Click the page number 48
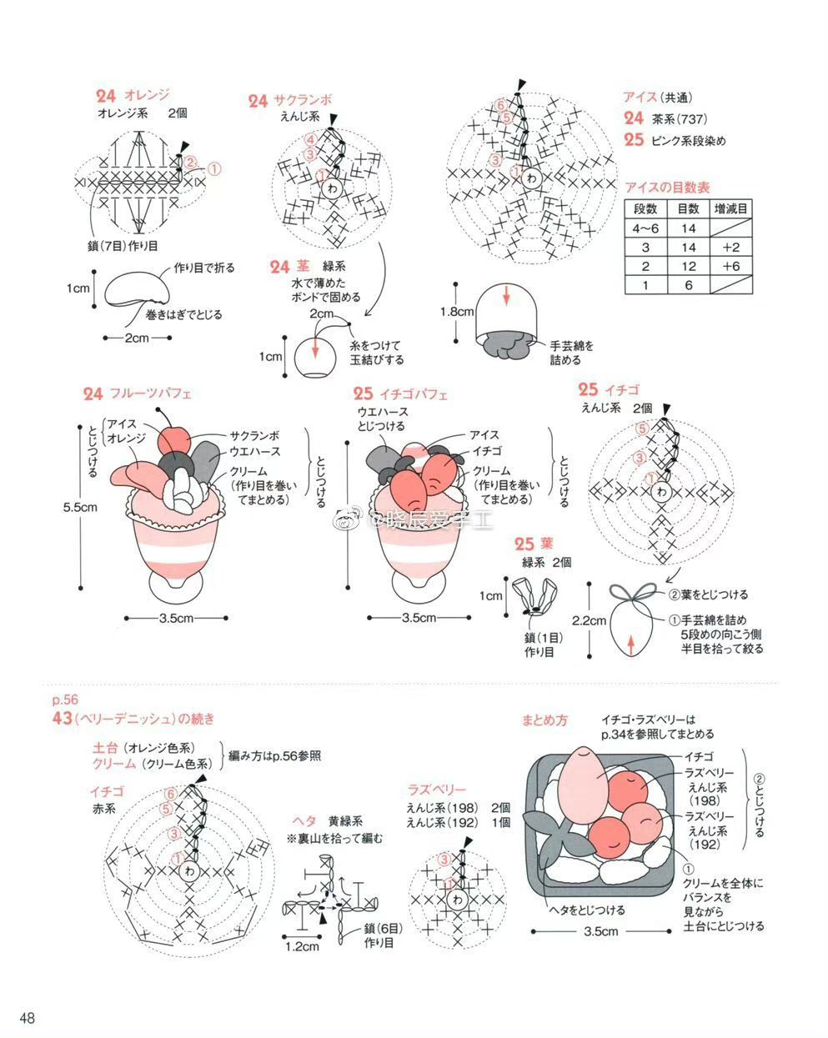[28, 1019]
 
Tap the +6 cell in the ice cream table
[731, 266]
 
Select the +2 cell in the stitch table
[731, 247]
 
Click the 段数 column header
[645, 208]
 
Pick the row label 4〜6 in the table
[645, 228]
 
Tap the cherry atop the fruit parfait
[174, 441]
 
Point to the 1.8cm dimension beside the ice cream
[457, 312]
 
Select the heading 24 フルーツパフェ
[138, 394]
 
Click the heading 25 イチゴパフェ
[400, 394]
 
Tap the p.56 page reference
[64, 700]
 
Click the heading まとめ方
[544, 720]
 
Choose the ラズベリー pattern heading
[436, 789]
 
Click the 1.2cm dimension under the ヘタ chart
[302, 946]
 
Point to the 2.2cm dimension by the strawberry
[589, 621]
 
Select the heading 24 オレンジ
[133, 95]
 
